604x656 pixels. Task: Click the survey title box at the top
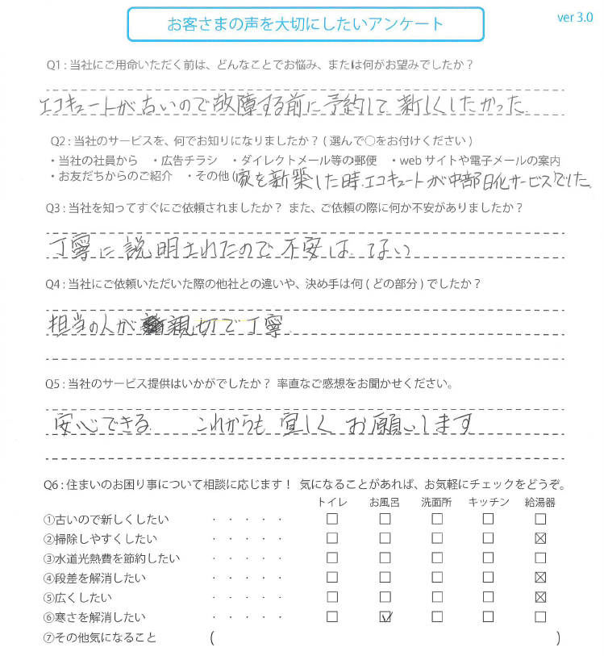306,24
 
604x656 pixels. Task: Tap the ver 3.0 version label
575,18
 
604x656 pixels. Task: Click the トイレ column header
332,502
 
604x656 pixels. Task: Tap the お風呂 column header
385,502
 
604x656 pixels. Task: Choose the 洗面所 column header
436,502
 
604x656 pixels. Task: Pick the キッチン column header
489,502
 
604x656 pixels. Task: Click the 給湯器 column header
540,502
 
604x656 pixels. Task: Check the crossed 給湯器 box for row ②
540,539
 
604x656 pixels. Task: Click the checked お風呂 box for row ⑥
385,617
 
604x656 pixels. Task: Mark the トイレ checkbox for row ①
332,520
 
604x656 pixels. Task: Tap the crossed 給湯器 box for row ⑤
540,598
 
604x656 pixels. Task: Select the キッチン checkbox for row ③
489,558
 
